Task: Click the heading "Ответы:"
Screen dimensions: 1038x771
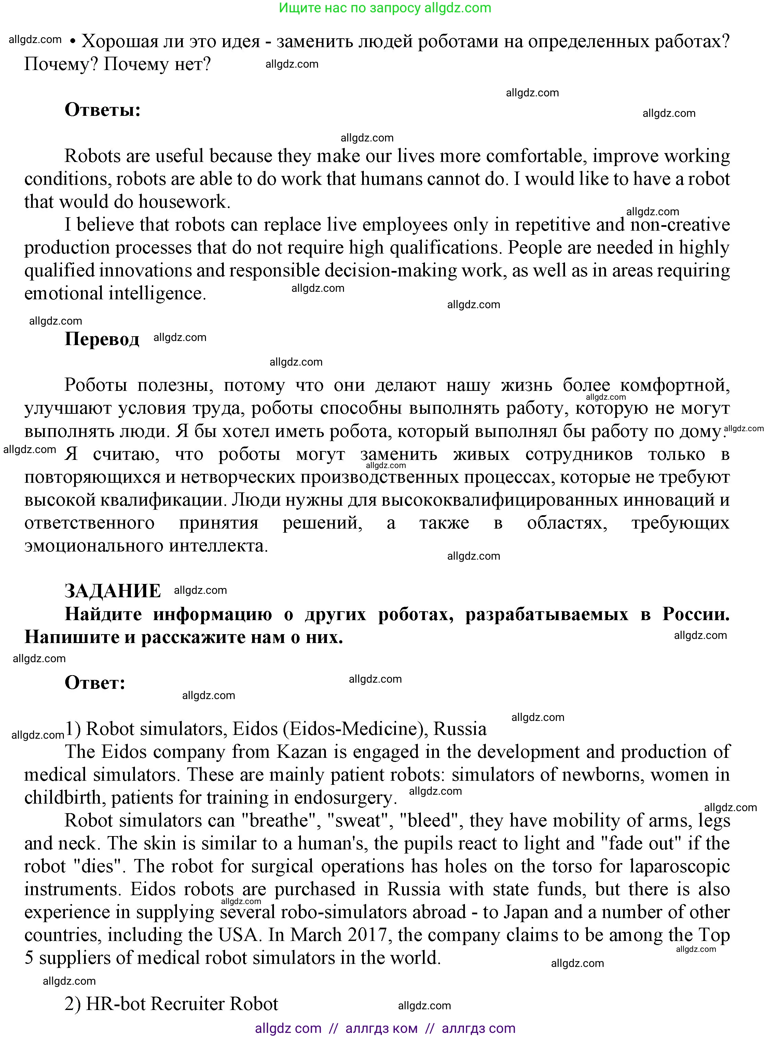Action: click(x=103, y=110)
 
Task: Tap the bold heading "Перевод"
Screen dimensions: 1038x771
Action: click(x=102, y=339)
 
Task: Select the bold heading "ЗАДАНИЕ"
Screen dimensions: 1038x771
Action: click(x=112, y=591)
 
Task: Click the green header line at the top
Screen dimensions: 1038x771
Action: click(x=385, y=8)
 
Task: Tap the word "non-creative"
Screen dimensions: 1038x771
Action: click(x=679, y=225)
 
